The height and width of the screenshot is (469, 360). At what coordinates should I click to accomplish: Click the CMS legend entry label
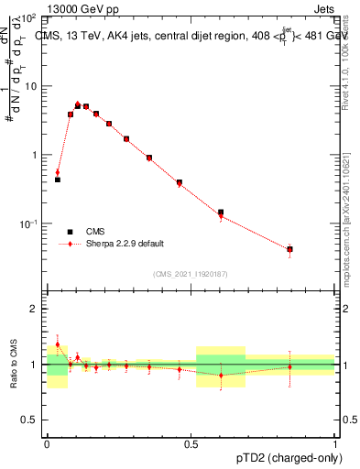(x=95, y=232)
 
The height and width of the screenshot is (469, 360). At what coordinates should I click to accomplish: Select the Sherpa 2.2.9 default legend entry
(x=125, y=244)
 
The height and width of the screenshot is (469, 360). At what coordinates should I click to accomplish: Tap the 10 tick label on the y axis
(x=31, y=86)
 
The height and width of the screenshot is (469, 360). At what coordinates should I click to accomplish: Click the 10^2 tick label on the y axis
(x=29, y=17)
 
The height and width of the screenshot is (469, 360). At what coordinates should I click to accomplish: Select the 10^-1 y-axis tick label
(x=29, y=224)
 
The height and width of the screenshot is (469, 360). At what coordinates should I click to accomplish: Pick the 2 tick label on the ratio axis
(x=34, y=309)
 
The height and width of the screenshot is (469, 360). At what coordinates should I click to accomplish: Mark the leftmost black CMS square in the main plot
(x=58, y=180)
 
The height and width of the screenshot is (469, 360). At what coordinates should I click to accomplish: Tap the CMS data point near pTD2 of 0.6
(x=221, y=213)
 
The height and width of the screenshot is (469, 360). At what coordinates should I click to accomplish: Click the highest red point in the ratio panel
(x=58, y=344)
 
